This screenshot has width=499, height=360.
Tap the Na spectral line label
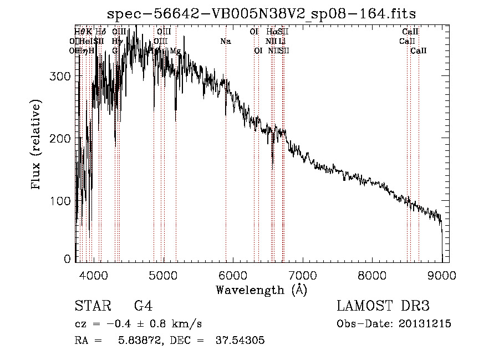tap(225, 42)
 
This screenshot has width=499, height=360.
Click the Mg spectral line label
tap(175, 51)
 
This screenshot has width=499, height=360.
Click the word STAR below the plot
tap(93, 306)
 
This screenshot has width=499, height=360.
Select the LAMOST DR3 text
tap(383, 306)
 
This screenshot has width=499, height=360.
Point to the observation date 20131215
tap(425, 324)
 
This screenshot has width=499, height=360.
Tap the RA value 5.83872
tap(145, 341)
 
